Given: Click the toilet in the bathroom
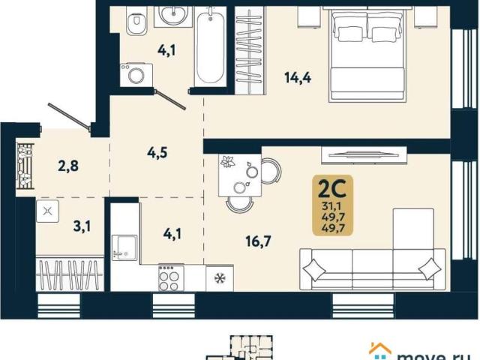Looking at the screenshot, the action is click(x=136, y=19).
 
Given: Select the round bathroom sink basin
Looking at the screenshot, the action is click(x=172, y=13).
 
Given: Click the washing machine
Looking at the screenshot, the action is click(x=136, y=75).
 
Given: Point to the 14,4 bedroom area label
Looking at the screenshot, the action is click(x=298, y=78).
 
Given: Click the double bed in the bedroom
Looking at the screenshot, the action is click(x=367, y=55).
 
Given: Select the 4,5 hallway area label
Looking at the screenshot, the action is click(x=157, y=152).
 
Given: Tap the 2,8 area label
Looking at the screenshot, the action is click(x=68, y=166).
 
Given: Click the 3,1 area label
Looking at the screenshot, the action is click(x=82, y=226).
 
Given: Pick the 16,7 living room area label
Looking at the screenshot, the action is click(x=258, y=241).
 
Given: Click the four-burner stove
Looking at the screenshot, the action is click(x=171, y=278).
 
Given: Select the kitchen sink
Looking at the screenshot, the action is click(x=124, y=247).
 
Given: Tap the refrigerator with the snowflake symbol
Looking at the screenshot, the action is click(x=220, y=278).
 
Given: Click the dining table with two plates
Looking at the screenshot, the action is click(x=240, y=175).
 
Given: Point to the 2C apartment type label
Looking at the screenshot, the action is click(x=332, y=189).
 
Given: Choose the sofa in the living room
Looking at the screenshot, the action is click(x=373, y=269).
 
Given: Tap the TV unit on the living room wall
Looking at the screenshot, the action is click(x=364, y=155).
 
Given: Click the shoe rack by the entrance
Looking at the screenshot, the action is click(x=25, y=166).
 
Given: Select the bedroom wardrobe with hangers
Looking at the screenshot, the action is click(x=250, y=50).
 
